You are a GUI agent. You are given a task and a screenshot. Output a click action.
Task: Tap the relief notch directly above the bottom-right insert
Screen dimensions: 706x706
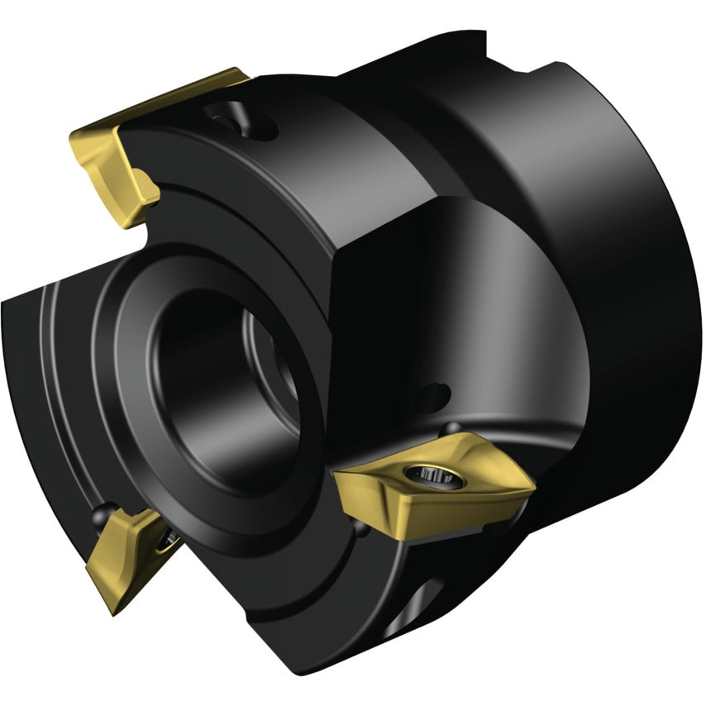point(451,427)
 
